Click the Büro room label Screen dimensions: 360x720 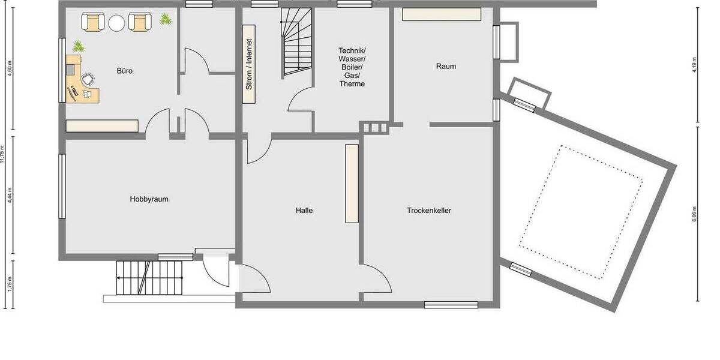click(x=125, y=71)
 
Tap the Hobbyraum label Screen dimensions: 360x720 click(x=149, y=199)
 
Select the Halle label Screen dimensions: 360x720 click(x=304, y=211)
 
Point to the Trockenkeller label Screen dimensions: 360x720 click(x=429, y=211)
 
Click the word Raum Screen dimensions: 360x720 click(x=446, y=66)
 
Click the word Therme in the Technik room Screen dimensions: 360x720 click(x=352, y=84)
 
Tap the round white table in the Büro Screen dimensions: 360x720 click(x=116, y=23)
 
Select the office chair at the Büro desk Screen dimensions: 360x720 click(x=88, y=78)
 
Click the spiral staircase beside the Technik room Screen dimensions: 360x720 click(x=296, y=43)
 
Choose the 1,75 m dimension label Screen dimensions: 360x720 click(x=10, y=284)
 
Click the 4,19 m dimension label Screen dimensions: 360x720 click(x=694, y=64)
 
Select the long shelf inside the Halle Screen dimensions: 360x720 click(x=352, y=184)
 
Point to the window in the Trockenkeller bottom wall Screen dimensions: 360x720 click(x=443, y=305)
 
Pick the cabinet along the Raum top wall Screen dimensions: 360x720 click(x=442, y=14)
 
